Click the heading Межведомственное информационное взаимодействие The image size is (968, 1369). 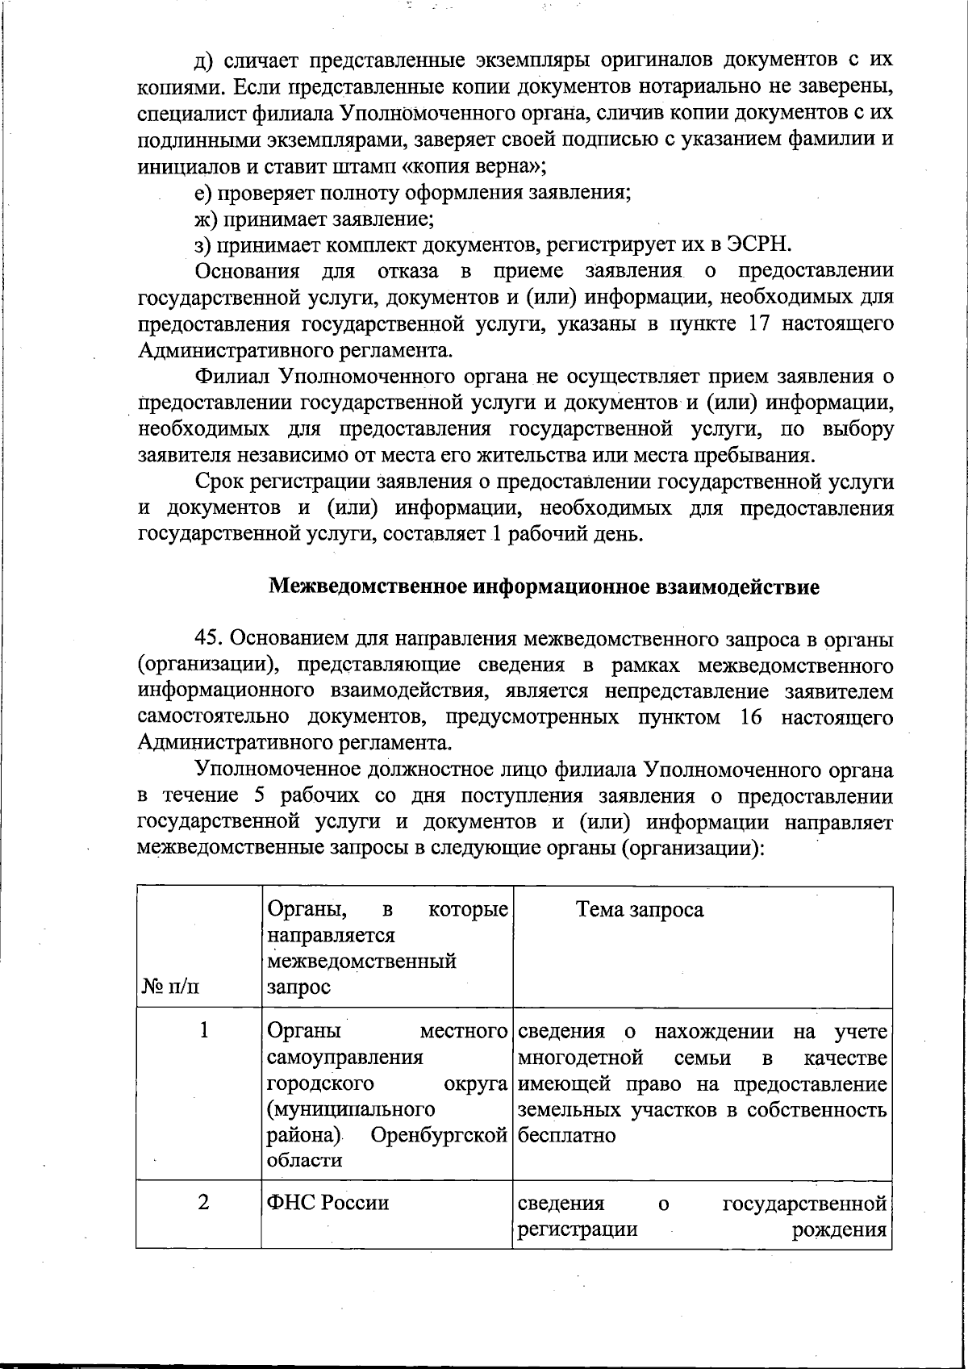coord(544,586)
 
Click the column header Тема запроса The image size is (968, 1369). coord(640,910)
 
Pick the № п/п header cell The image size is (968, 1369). coord(171,987)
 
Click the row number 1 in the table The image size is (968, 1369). coord(205,1030)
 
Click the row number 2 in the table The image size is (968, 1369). coord(204,1202)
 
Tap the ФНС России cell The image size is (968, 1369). coord(328,1203)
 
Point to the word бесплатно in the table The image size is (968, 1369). coord(566,1135)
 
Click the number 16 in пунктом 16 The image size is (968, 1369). coord(750,716)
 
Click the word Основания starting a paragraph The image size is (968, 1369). coord(247,271)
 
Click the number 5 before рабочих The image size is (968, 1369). coord(260,795)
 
